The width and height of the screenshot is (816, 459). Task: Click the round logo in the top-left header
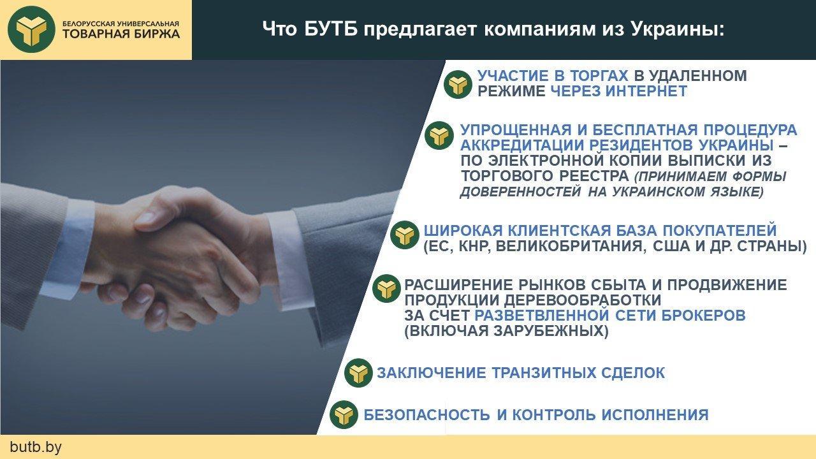click(31, 29)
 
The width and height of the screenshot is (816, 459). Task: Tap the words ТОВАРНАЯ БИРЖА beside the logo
click(121, 34)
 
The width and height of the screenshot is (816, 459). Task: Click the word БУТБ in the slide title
click(330, 29)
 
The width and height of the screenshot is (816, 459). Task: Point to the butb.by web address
click(36, 447)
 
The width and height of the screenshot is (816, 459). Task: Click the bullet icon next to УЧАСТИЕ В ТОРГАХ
click(458, 84)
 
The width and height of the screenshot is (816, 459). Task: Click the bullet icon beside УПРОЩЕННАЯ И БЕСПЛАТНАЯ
click(439, 136)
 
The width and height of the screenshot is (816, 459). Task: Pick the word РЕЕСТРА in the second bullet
click(594, 176)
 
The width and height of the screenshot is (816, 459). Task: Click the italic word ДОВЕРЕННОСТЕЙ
click(521, 192)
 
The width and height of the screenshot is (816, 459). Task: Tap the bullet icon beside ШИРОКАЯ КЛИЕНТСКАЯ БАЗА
click(404, 235)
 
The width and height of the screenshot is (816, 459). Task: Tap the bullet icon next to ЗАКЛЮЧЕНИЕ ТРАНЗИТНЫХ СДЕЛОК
click(358, 373)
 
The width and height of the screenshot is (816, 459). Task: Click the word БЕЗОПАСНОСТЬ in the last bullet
click(426, 415)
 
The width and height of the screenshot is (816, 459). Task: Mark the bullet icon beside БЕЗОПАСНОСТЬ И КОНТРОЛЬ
click(344, 414)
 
